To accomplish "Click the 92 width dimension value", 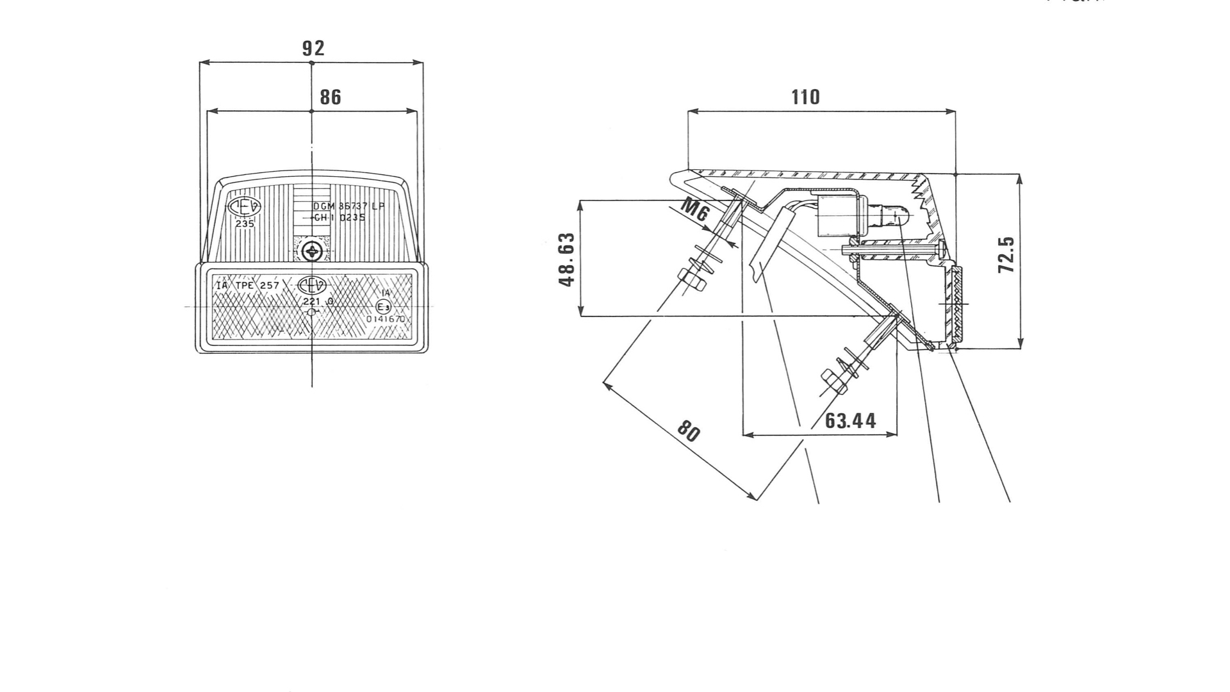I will click(313, 48).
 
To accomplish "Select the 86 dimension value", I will click(331, 97).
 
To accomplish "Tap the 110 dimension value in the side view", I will click(805, 97).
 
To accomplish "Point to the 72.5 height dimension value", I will click(1006, 255).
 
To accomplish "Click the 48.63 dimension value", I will click(566, 259).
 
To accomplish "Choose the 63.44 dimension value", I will click(850, 421).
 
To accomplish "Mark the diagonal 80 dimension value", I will click(689, 432).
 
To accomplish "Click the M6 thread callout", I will click(694, 210).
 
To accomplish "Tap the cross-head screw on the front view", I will click(312, 251).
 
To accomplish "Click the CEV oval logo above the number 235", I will click(245, 206).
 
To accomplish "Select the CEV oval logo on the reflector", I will click(312, 285).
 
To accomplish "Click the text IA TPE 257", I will click(248, 285).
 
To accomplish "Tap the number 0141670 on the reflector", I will click(386, 319).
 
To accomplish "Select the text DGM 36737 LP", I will click(349, 206).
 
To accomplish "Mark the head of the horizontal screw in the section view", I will click(941, 247).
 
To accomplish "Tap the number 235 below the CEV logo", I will click(245, 224).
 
